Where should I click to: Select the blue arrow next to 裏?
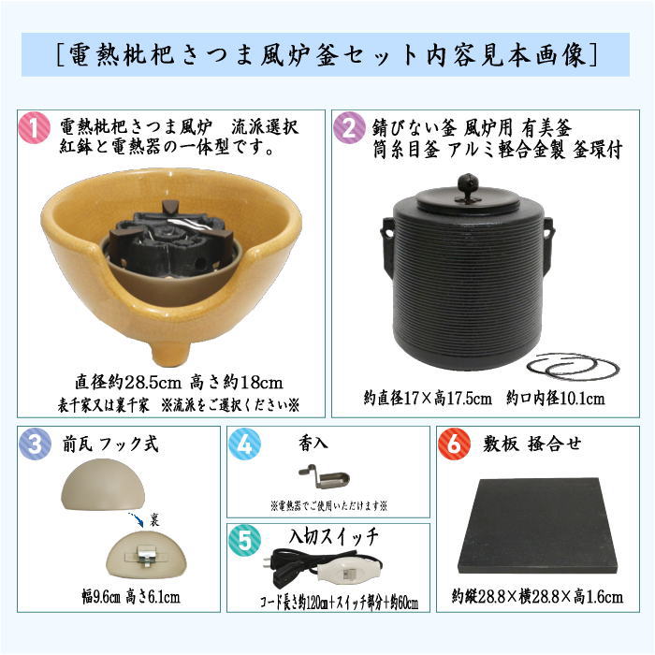[x=137, y=519]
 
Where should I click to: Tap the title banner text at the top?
[x=327, y=54]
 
